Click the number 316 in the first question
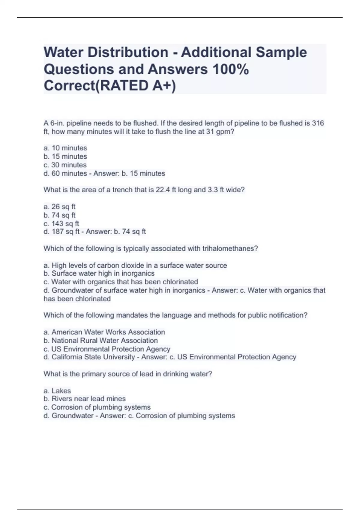[x=318, y=123]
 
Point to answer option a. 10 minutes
[x=65, y=148]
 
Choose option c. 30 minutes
[x=65, y=165]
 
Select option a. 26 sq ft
[x=59, y=207]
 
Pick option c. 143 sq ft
[x=61, y=223]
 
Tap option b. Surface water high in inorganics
[x=99, y=273]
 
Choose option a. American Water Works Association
[x=104, y=332]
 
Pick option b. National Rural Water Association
[x=100, y=340]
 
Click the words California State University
[x=93, y=357]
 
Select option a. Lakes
[x=57, y=391]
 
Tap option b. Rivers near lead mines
[x=85, y=399]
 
